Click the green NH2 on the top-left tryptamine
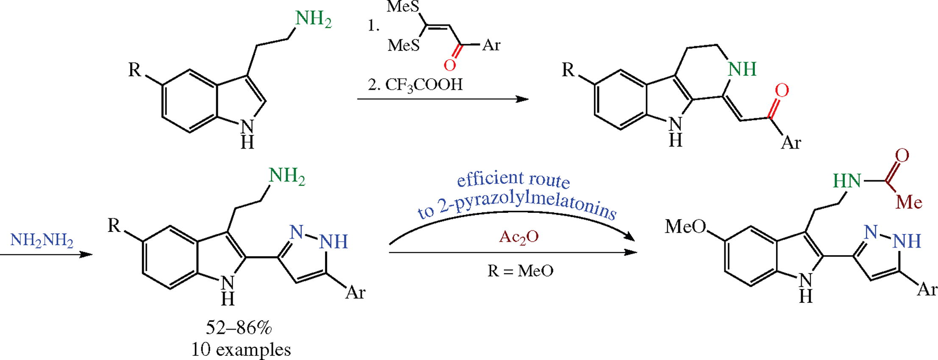coord(313,19)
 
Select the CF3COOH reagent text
coord(423,85)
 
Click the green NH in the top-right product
coord(742,69)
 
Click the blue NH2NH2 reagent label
coord(42,241)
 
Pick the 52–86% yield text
coord(239,328)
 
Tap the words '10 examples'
coord(241,350)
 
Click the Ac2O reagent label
coord(519,237)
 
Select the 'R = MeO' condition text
coord(520,271)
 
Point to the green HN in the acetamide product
coord(847,181)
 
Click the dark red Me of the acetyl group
coord(909,203)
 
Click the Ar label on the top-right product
coord(791,143)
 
